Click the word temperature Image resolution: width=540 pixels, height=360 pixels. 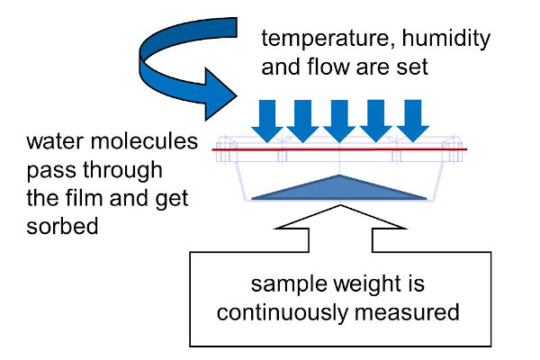click(x=327, y=39)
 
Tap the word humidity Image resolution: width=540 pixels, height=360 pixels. click(x=446, y=38)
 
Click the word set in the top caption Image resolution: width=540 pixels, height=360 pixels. click(x=412, y=67)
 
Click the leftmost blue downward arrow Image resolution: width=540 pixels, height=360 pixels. click(x=267, y=121)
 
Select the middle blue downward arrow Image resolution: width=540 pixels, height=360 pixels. click(x=339, y=121)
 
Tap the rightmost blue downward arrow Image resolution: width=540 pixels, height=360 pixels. click(x=413, y=121)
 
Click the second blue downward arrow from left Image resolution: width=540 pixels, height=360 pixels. click(x=303, y=121)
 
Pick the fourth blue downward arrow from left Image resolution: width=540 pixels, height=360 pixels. click(x=375, y=121)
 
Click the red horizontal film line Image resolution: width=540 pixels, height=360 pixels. click(x=339, y=149)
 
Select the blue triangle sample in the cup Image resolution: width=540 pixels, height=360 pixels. click(x=339, y=190)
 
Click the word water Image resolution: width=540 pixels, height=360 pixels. click(x=55, y=142)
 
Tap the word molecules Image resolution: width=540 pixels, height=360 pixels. click(x=144, y=140)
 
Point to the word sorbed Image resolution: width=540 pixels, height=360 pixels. click(x=62, y=226)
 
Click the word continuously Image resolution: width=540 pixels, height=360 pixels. click(x=283, y=313)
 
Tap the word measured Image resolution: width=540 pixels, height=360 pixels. click(x=407, y=312)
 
